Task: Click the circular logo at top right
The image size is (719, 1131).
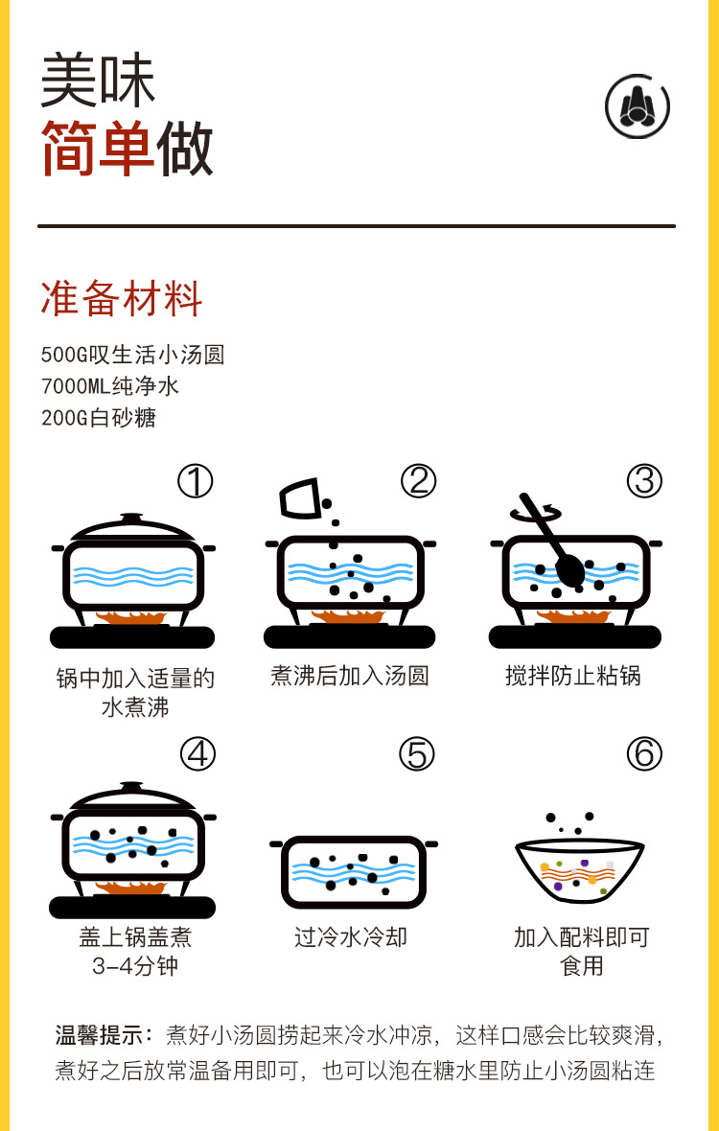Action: click(x=638, y=105)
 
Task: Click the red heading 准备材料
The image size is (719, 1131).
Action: click(x=121, y=299)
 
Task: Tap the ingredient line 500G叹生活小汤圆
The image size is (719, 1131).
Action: click(x=132, y=355)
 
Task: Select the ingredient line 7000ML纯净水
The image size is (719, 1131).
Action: click(x=110, y=386)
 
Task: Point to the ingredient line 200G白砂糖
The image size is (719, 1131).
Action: click(x=99, y=418)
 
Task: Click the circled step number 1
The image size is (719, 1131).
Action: click(x=196, y=481)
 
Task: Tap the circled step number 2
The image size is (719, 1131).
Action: click(x=419, y=481)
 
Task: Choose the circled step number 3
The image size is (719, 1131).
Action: click(x=644, y=481)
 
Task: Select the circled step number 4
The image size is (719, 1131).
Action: click(x=197, y=754)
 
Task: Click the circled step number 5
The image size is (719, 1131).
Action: click(x=417, y=754)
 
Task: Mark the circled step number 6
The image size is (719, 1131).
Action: click(x=644, y=754)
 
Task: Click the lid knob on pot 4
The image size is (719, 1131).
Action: click(x=132, y=788)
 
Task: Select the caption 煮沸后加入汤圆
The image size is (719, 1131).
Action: click(x=349, y=676)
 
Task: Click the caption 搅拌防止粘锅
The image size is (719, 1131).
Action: click(x=573, y=676)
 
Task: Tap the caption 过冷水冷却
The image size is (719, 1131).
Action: click(x=351, y=936)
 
